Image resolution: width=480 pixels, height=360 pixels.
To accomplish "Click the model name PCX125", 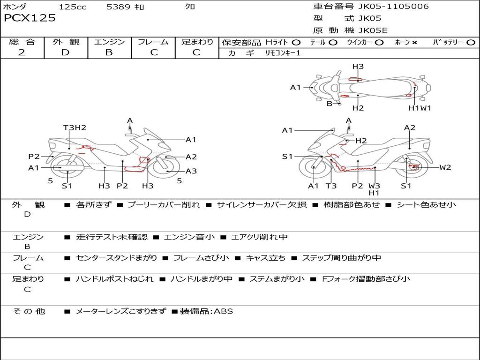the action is pyautogui.click(x=30, y=18).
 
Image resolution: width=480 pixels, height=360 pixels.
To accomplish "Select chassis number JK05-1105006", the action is pyautogui.click(x=393, y=7).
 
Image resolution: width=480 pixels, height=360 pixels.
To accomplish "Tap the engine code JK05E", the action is pyautogui.click(x=373, y=30).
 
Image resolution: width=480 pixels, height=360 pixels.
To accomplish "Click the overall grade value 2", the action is pyautogui.click(x=22, y=52).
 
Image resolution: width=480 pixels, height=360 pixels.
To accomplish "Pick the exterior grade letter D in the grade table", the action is pyautogui.click(x=66, y=52).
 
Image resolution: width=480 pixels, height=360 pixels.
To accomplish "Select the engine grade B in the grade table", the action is pyautogui.click(x=109, y=52).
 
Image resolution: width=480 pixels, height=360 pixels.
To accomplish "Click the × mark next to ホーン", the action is pyautogui.click(x=414, y=43).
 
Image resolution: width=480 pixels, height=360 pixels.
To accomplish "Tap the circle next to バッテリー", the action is pyautogui.click(x=471, y=43).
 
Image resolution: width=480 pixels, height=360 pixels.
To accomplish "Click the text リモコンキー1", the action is pyautogui.click(x=283, y=53).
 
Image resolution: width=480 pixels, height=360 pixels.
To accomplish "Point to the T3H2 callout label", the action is pyautogui.click(x=75, y=127).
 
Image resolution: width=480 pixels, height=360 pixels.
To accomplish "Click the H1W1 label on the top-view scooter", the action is pyautogui.click(x=420, y=108).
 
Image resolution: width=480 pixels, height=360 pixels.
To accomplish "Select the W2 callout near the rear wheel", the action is pyautogui.click(x=445, y=167).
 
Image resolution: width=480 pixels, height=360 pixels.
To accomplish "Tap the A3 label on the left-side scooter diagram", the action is pyautogui.click(x=191, y=171).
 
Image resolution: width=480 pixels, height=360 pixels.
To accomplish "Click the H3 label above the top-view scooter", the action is pyautogui.click(x=358, y=67).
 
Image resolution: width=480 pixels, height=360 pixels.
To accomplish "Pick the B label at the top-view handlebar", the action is pyautogui.click(x=330, y=104).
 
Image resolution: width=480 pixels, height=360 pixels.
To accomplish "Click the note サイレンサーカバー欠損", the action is pyautogui.click(x=262, y=204).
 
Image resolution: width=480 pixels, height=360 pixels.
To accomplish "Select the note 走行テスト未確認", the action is pyautogui.click(x=112, y=237).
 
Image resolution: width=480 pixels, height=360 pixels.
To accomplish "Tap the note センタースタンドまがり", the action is pyautogui.click(x=116, y=258).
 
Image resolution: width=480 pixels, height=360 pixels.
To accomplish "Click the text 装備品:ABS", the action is pyautogui.click(x=206, y=311).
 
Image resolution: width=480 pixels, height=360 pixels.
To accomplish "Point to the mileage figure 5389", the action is pyautogui.click(x=119, y=7).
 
